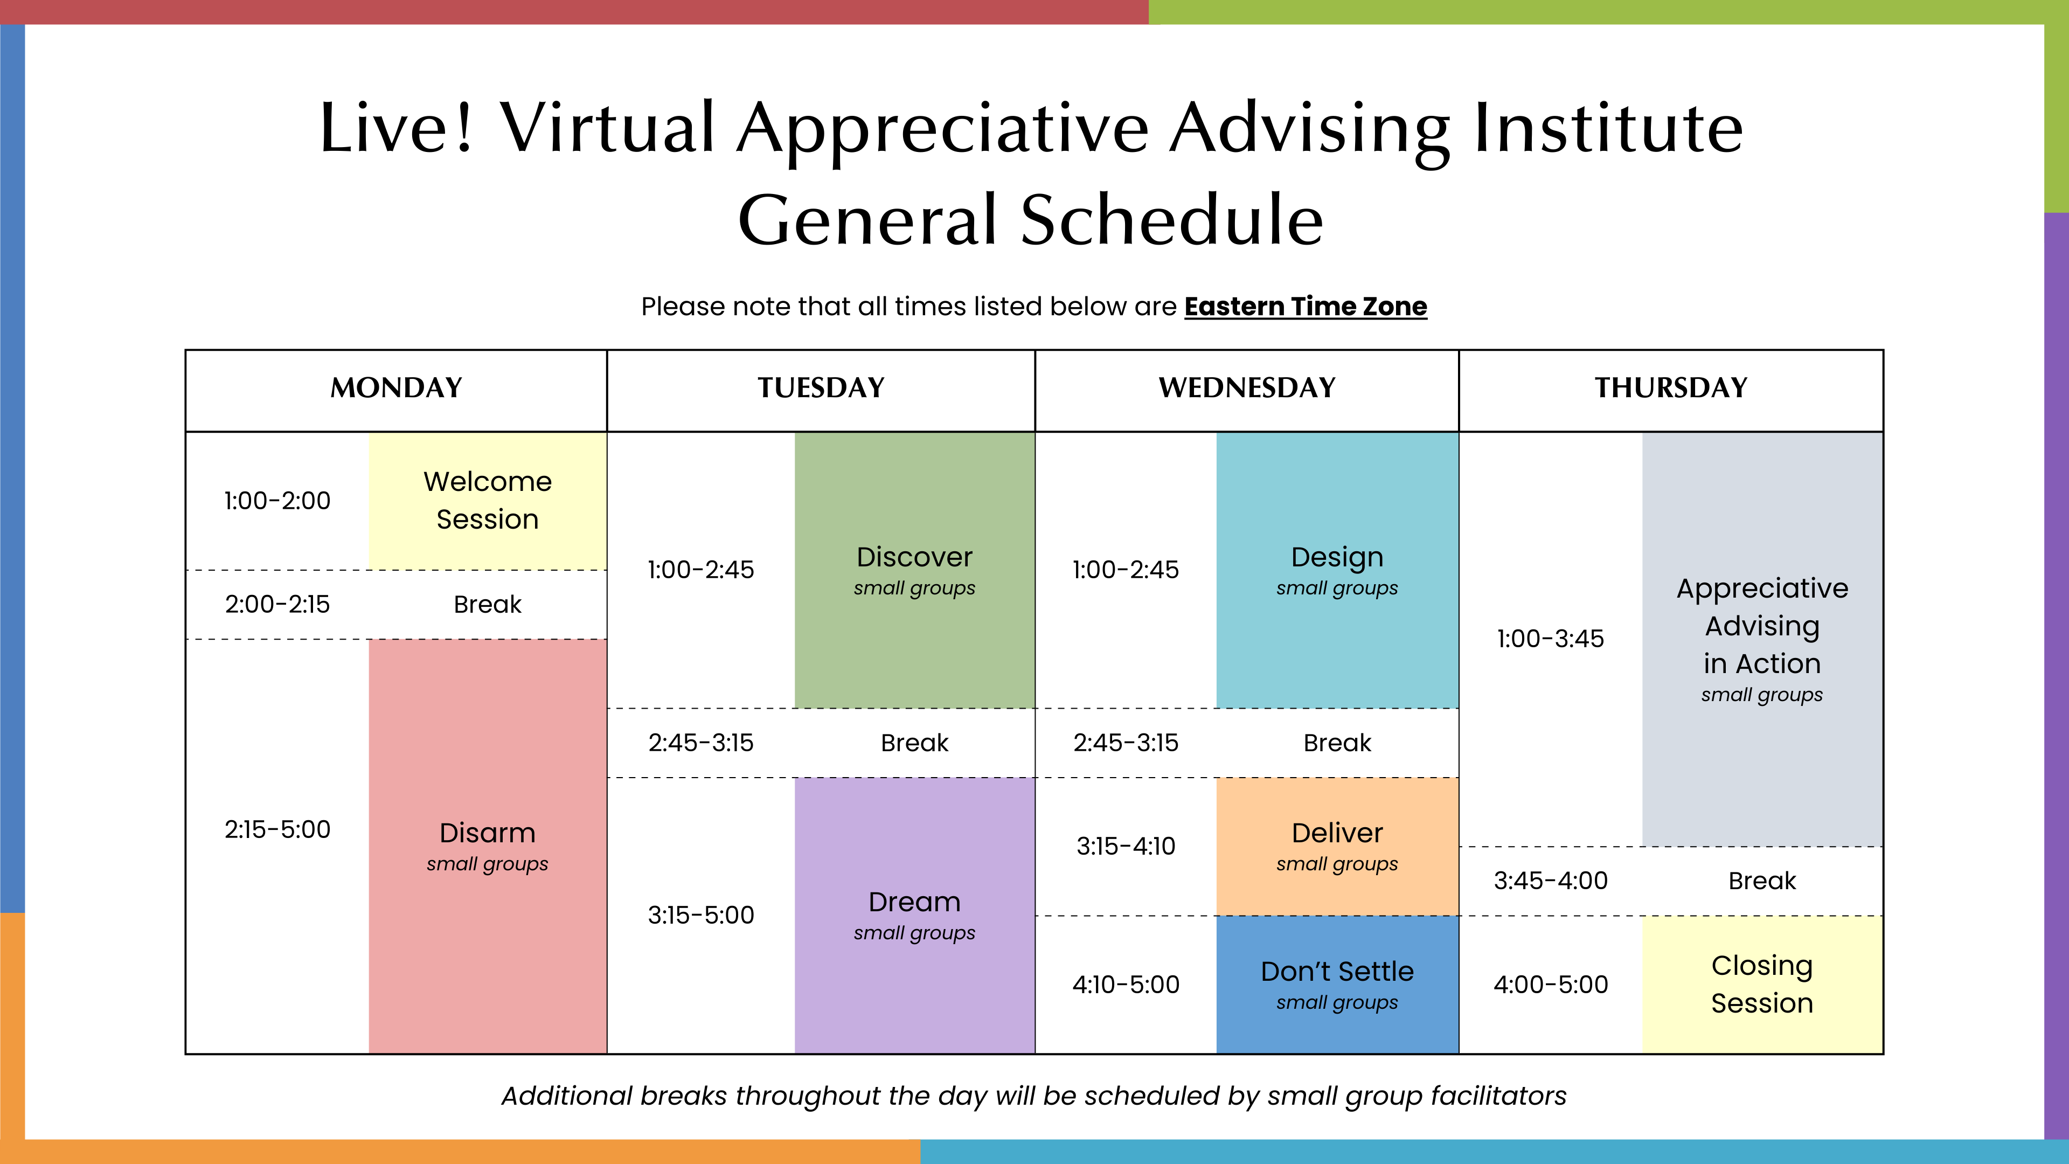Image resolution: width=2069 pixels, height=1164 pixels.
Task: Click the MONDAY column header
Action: click(396, 388)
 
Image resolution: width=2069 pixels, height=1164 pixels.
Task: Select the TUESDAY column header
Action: click(821, 388)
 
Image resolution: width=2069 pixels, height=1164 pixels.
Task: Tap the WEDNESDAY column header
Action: click(1247, 388)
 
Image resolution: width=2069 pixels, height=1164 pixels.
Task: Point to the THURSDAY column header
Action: click(1671, 388)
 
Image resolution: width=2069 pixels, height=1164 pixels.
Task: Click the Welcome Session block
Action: click(488, 501)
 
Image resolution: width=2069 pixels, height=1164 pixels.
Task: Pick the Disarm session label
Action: click(488, 833)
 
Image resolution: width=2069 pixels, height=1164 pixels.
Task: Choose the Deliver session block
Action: click(1337, 847)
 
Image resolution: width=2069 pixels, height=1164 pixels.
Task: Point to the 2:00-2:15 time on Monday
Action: click(277, 604)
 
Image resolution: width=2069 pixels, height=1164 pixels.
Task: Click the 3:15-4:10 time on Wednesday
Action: click(1126, 846)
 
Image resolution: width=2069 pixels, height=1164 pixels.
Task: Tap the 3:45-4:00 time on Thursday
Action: click(1551, 881)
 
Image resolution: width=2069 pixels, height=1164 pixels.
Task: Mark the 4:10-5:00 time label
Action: click(1126, 984)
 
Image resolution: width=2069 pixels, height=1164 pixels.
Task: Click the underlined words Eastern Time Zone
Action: click(1306, 306)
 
